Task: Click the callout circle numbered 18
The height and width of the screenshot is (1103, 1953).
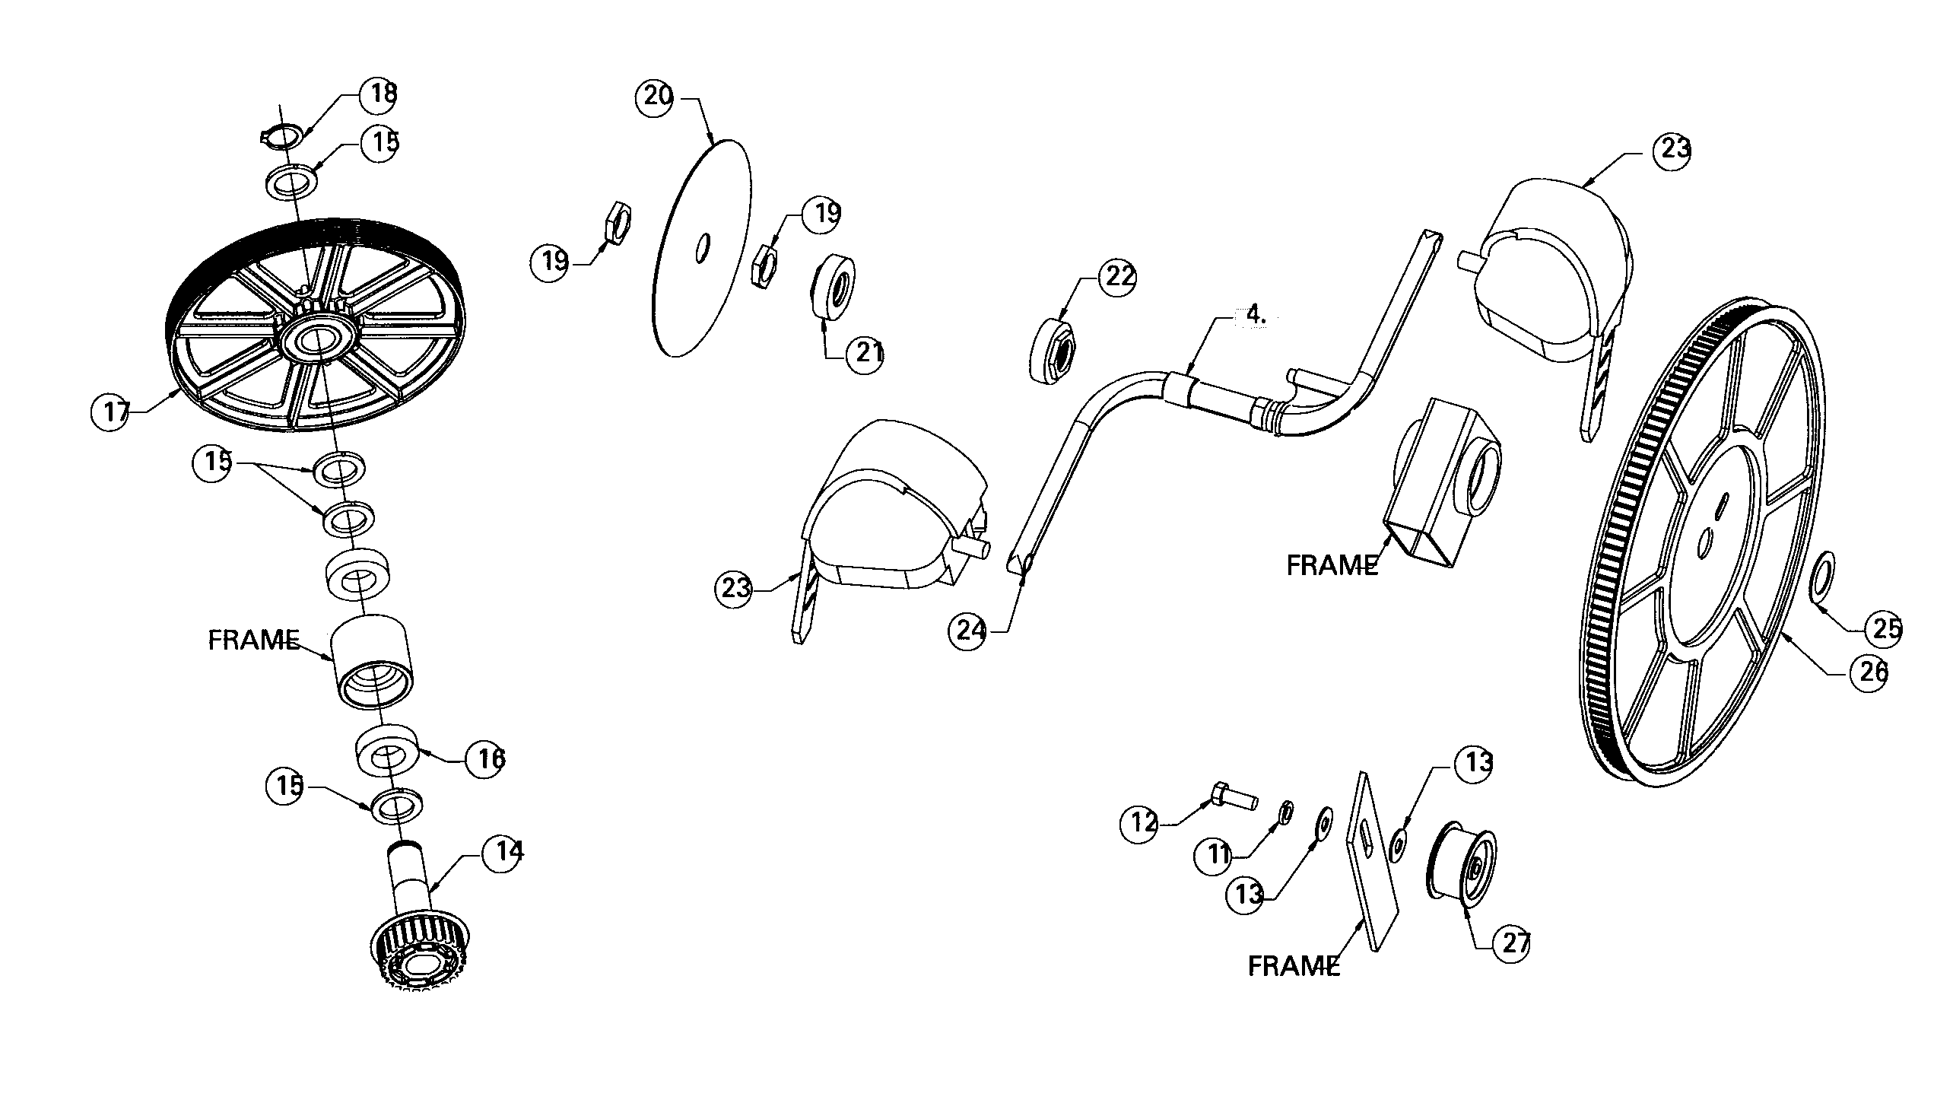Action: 379,95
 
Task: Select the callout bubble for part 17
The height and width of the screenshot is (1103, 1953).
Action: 111,412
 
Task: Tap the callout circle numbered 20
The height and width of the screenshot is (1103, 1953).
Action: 656,97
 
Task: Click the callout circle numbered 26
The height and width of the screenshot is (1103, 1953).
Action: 1869,671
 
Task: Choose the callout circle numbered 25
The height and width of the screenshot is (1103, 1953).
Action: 1884,628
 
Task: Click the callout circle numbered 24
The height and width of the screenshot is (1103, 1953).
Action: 968,630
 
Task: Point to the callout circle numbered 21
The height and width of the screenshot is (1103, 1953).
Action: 865,354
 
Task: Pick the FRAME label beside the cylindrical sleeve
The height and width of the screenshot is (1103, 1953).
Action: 253,640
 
